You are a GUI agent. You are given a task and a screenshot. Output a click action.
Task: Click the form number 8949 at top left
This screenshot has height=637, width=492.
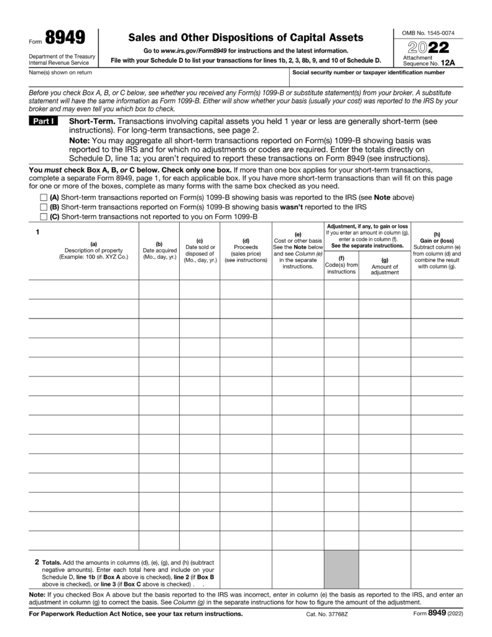tap(65, 39)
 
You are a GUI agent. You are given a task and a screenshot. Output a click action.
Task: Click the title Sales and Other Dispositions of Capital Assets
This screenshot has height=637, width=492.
tap(245, 38)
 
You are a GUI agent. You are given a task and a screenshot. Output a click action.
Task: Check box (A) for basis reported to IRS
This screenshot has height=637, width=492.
tap(44, 197)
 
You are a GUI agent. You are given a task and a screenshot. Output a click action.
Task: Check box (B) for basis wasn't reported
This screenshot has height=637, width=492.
tap(44, 207)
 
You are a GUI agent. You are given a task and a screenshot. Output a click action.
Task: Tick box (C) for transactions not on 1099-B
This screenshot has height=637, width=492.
tap(44, 216)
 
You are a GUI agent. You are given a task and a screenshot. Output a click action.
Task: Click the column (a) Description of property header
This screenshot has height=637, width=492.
tap(93, 250)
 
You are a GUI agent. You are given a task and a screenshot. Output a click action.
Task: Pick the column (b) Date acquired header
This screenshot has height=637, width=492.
tap(159, 250)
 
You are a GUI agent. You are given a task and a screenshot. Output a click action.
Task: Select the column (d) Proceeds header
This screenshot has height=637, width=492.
tap(246, 250)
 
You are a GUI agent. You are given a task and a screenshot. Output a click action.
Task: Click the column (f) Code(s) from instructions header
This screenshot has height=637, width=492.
tap(341, 264)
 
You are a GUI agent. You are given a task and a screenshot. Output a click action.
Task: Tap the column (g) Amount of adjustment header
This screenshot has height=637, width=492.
tap(384, 266)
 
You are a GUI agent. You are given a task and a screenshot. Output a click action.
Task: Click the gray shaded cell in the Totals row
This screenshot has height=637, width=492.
tap(341, 569)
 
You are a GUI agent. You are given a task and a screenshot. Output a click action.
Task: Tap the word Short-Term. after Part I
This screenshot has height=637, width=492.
tap(91, 121)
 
